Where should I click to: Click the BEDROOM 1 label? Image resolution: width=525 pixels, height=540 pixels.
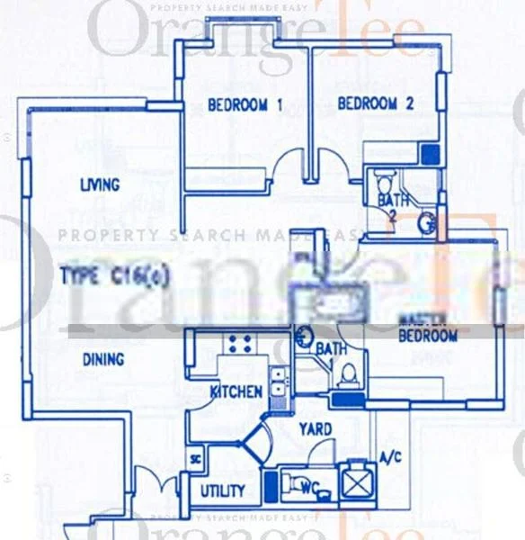coord(245,105)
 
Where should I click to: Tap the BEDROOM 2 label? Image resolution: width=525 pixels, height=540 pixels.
coord(375,104)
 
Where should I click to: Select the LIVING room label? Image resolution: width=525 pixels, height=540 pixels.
coord(100,185)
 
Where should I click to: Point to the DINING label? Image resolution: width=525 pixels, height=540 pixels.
coord(103,359)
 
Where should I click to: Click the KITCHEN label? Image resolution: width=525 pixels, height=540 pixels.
coord(236,391)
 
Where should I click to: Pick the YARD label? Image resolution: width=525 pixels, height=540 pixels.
coord(315,428)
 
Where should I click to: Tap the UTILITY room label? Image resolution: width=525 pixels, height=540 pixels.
coord(222,490)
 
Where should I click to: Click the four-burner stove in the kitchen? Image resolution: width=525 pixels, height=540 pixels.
coord(240,343)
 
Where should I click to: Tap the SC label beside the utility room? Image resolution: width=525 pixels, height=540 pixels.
coord(194,460)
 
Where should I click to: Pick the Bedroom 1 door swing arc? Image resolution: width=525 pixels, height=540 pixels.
coord(289,164)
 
